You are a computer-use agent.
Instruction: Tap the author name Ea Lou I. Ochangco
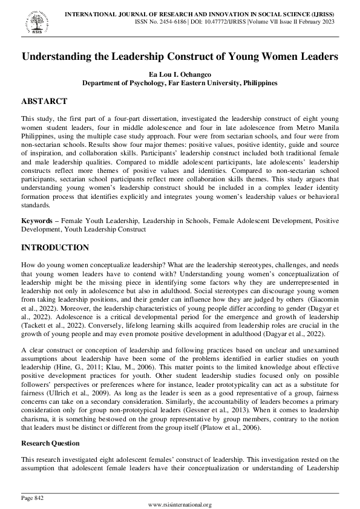[x=180, y=74]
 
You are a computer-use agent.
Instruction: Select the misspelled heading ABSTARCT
[x=44, y=101]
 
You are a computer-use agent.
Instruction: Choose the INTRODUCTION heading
[x=55, y=248]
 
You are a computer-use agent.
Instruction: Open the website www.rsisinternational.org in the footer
[x=180, y=504]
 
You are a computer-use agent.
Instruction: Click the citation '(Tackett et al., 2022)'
[x=50, y=325]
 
